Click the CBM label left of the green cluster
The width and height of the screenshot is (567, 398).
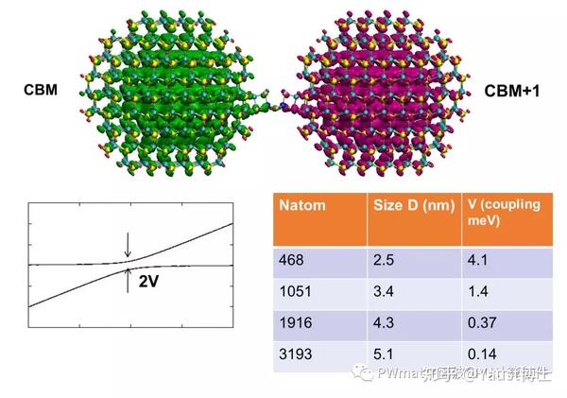41,90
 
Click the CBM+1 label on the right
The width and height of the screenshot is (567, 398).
513,92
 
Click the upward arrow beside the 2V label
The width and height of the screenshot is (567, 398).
129,277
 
